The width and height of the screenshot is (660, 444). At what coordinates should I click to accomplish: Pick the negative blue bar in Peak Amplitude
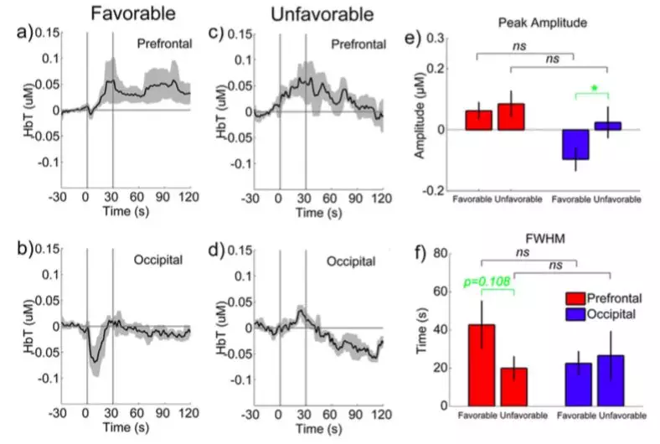[x=575, y=144]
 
